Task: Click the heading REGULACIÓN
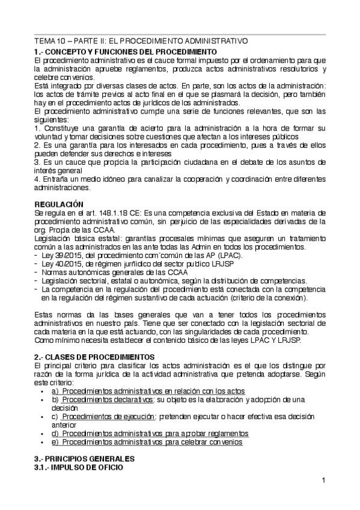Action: pos(59,204)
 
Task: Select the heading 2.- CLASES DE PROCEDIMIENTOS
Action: pos(94,357)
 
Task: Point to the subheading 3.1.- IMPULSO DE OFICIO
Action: pos(79,467)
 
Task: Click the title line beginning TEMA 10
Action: pos(141,41)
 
